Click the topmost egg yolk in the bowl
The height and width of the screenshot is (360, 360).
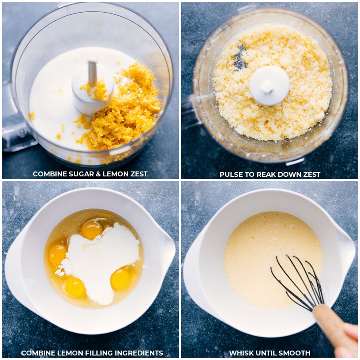click(x=92, y=229)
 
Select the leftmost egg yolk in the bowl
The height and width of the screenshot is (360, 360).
click(x=58, y=254)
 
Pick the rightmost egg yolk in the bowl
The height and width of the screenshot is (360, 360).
click(x=120, y=279)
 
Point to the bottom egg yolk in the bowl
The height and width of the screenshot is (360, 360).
click(x=74, y=287)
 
